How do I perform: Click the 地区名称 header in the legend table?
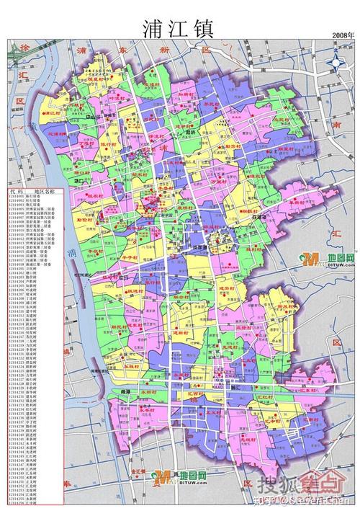pyautogui.click(x=45, y=191)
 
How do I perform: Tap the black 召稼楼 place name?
pyautogui.click(x=258, y=216)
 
